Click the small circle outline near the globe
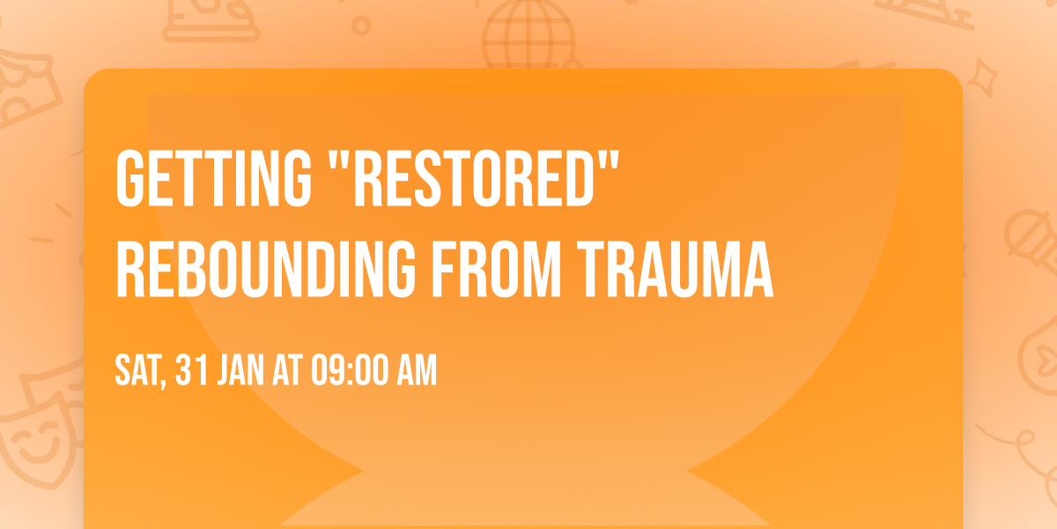[360, 25]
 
